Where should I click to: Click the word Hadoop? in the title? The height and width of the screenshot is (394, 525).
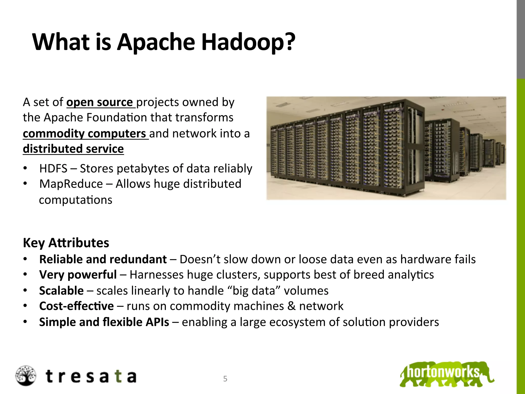(248, 42)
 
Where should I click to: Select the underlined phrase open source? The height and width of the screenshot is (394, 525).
(99, 102)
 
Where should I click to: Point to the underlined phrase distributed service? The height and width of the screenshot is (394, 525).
(73, 149)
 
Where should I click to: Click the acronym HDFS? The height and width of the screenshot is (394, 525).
(53, 169)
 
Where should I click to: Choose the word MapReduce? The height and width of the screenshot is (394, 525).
(71, 184)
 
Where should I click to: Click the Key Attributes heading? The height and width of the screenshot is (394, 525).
(66, 243)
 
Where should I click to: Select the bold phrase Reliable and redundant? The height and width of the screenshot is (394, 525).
(103, 259)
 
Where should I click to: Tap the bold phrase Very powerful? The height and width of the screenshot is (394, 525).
(78, 275)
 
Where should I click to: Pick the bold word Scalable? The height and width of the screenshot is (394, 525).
(61, 291)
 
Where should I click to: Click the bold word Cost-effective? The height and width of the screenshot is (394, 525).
(76, 306)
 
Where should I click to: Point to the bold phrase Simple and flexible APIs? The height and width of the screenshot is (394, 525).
(104, 322)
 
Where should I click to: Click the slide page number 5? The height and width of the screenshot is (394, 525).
(225, 379)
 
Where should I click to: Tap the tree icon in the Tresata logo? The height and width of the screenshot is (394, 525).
(25, 376)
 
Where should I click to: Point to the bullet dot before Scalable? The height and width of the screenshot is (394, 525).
(25, 291)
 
